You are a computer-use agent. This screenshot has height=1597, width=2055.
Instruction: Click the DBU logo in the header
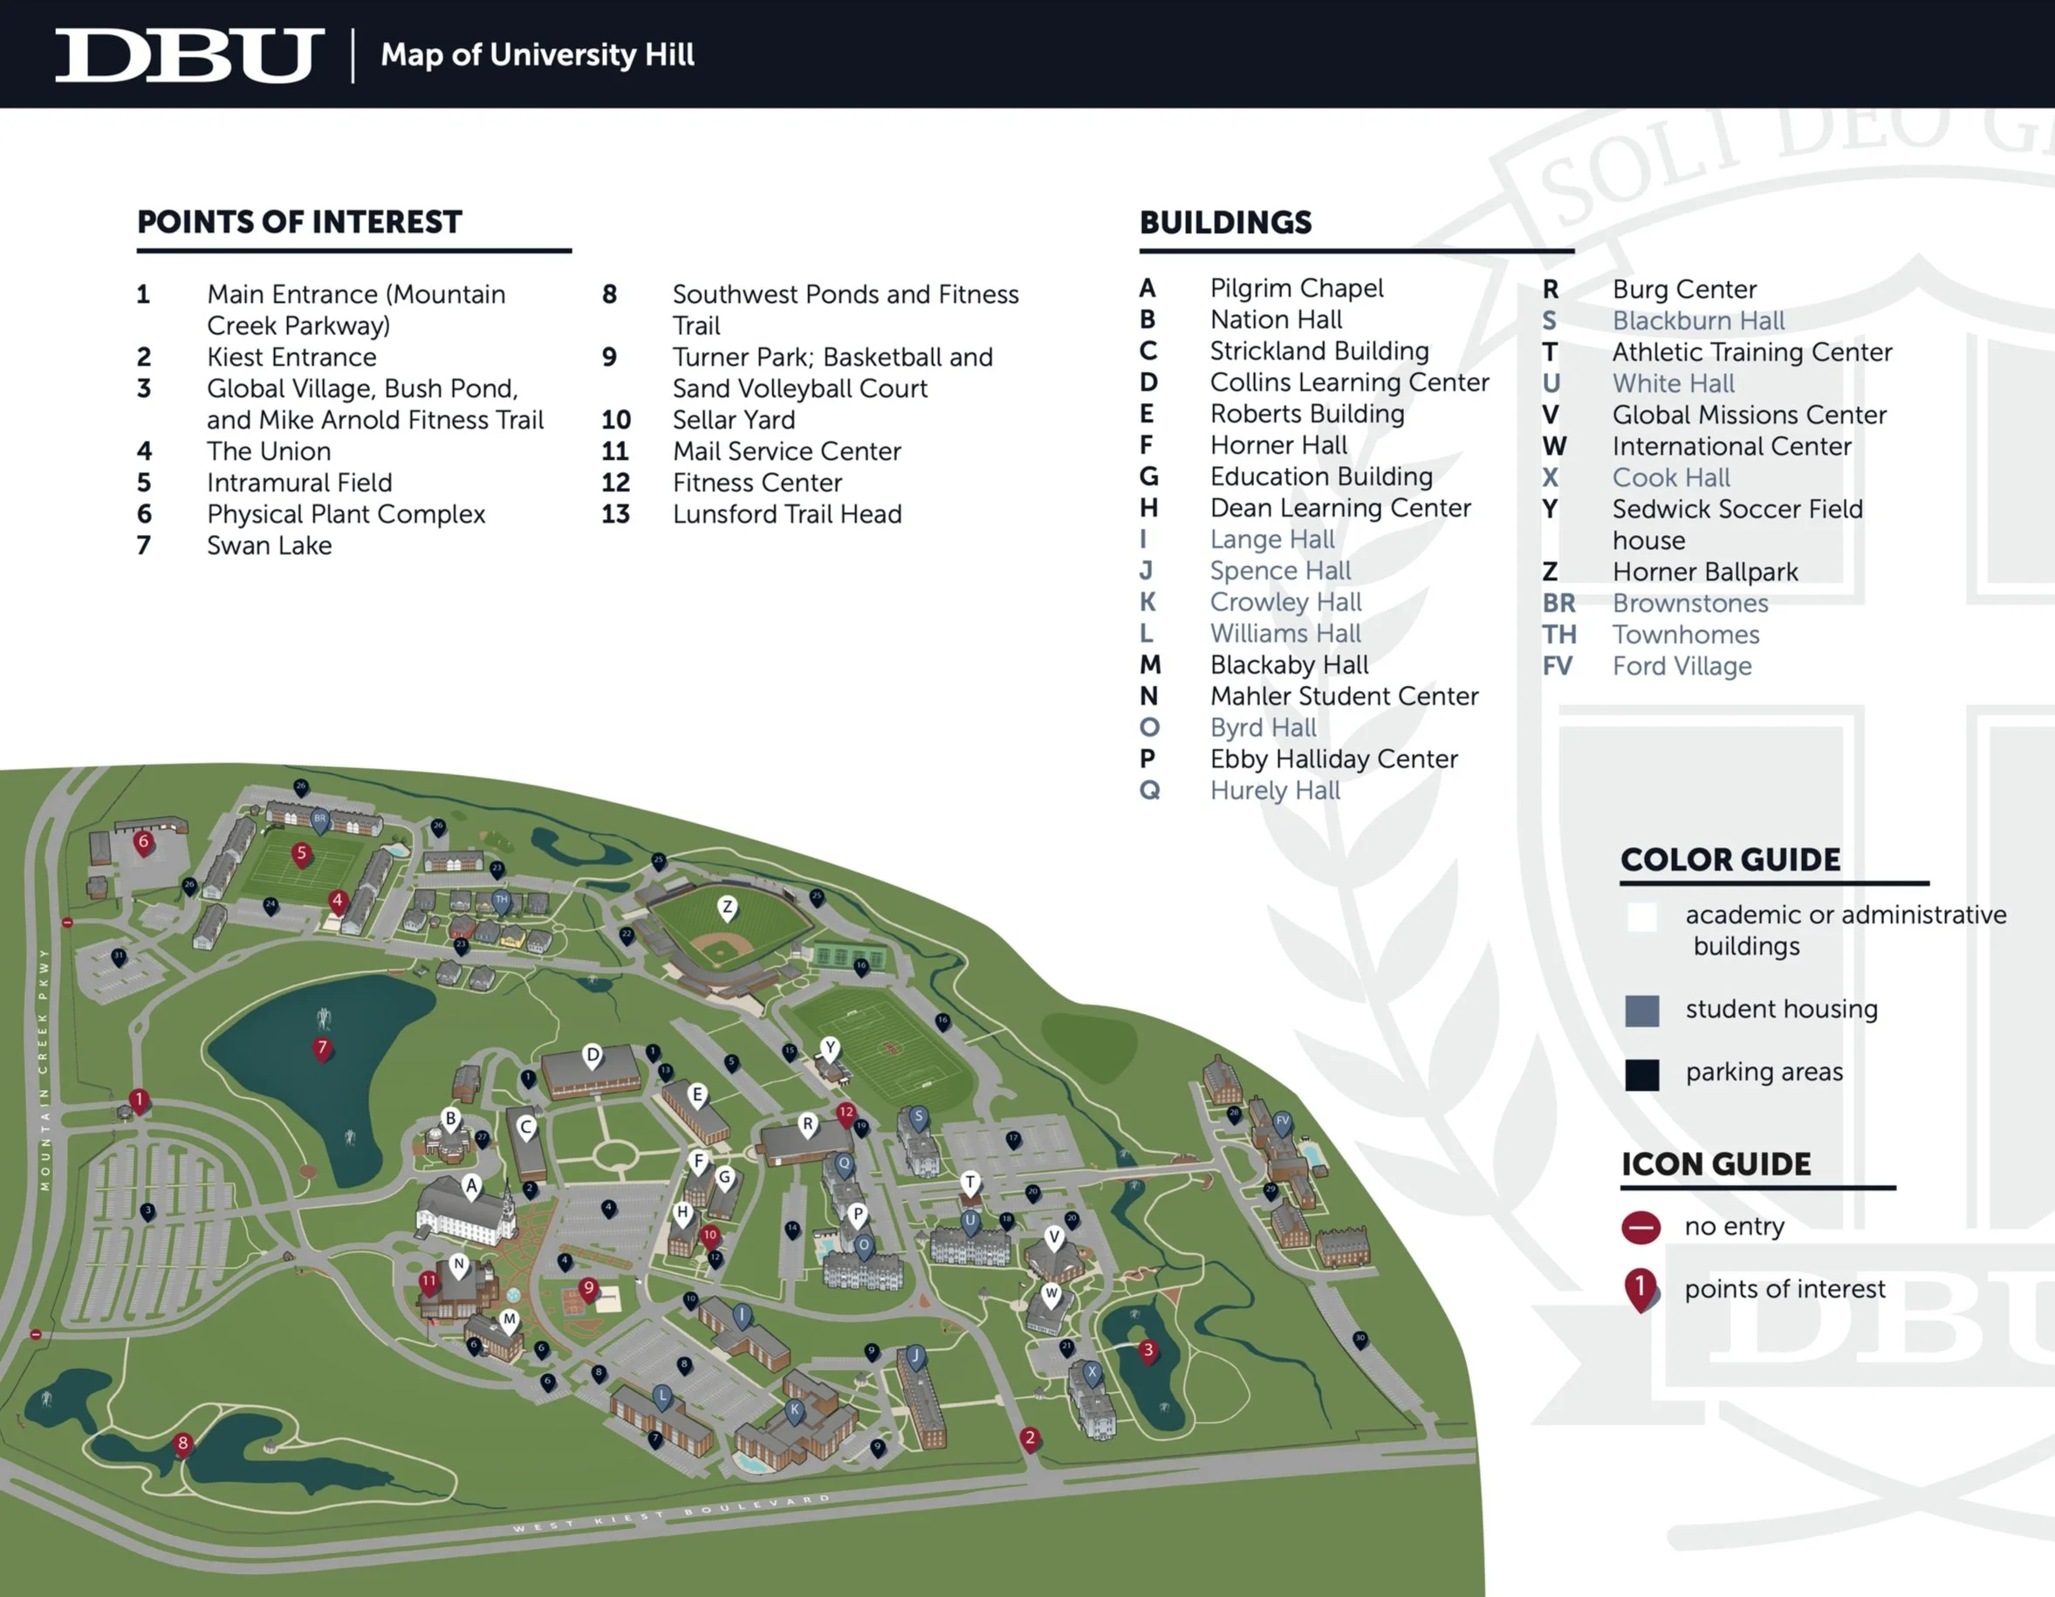(x=189, y=55)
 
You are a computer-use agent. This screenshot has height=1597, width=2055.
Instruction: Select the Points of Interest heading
(x=299, y=222)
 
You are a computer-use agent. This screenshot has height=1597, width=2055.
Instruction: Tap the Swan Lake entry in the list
(x=269, y=545)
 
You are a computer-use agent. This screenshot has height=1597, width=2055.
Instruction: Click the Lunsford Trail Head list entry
(x=786, y=514)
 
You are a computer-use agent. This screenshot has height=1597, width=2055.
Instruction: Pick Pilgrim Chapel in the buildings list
(x=1296, y=288)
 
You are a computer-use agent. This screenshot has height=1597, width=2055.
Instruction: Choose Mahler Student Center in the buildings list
(x=1344, y=696)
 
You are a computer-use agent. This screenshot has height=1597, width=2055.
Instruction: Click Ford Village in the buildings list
(x=1682, y=666)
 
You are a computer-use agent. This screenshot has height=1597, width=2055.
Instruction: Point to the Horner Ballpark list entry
(x=1704, y=572)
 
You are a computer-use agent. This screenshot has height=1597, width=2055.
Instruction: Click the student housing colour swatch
(x=1642, y=1011)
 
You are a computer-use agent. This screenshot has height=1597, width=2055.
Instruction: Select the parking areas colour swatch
(x=1642, y=1073)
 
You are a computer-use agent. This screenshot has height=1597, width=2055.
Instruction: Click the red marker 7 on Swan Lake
(x=323, y=1048)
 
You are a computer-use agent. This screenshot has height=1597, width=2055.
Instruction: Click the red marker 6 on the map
(x=144, y=842)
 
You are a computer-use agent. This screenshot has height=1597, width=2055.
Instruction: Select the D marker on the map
(x=593, y=1055)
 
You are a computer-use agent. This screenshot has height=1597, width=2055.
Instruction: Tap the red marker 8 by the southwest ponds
(x=182, y=1443)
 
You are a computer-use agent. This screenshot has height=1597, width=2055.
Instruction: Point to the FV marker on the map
(x=1282, y=1121)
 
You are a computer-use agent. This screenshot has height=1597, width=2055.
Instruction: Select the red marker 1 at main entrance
(x=140, y=1100)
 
